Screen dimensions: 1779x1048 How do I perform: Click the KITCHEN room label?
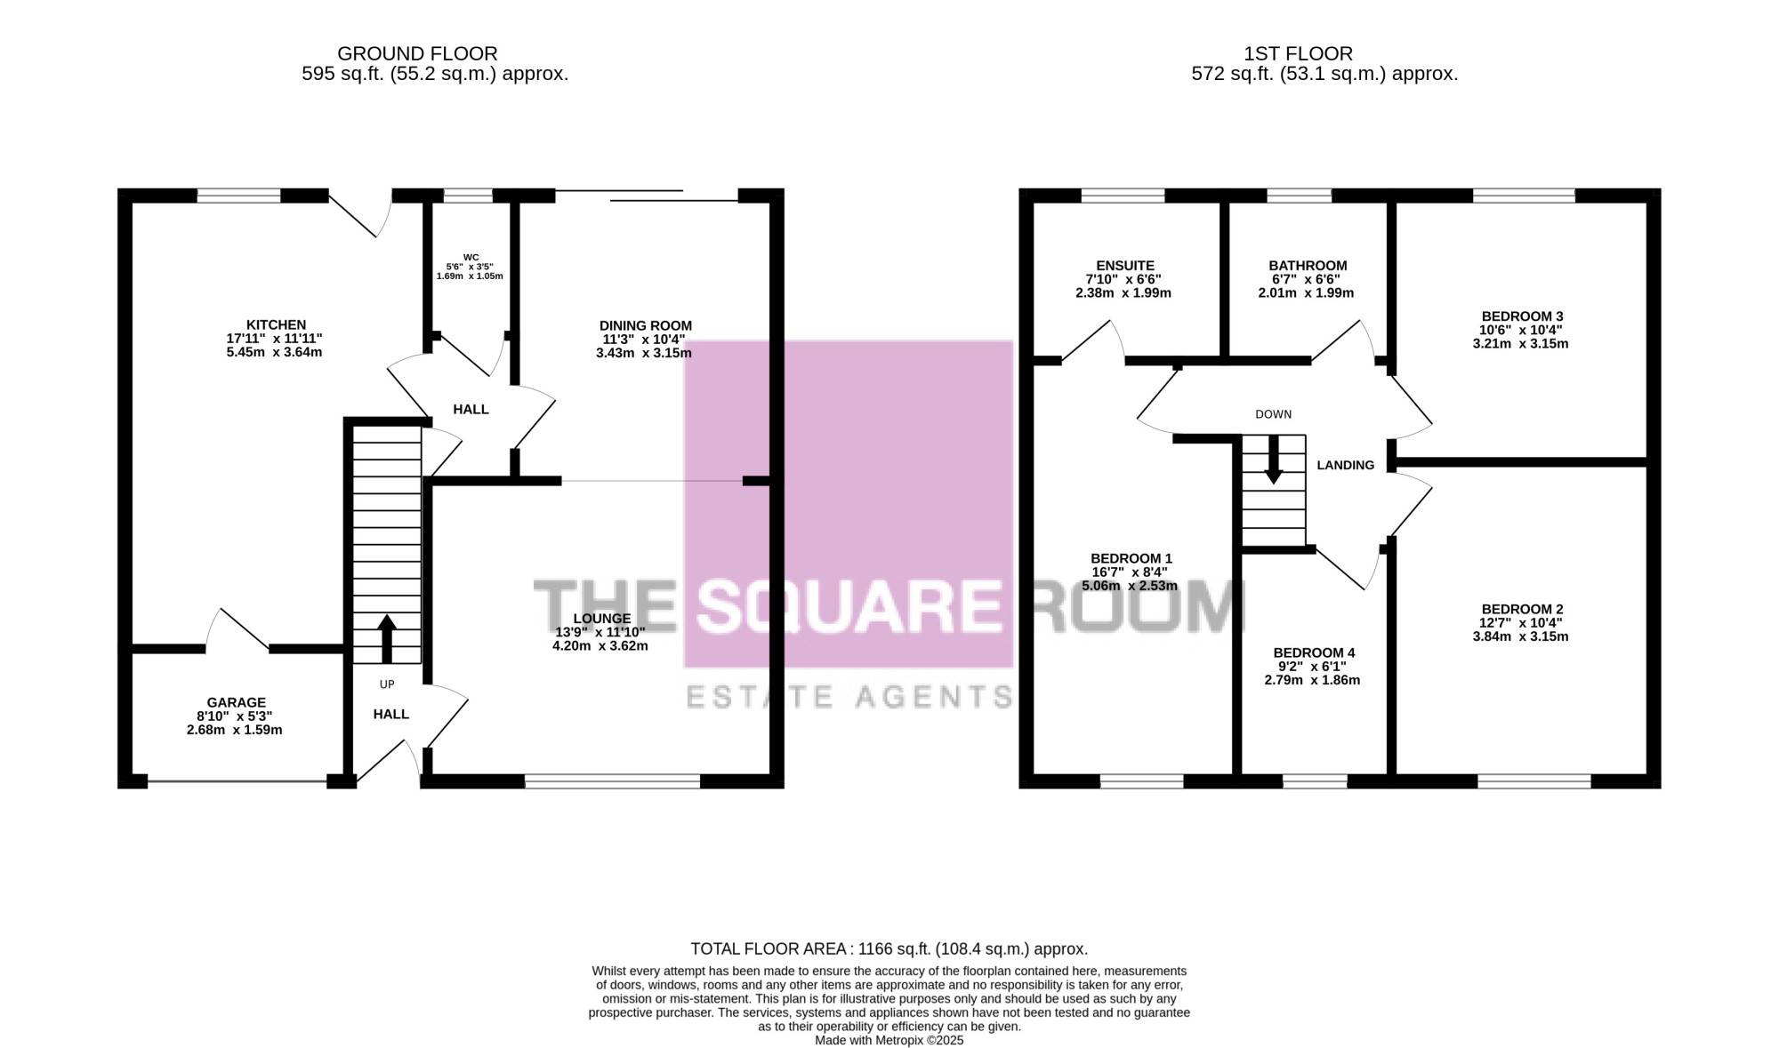click(276, 325)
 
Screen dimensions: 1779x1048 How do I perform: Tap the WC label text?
click(471, 258)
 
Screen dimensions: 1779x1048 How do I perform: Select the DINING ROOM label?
click(645, 326)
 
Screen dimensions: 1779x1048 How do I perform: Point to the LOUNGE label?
click(602, 619)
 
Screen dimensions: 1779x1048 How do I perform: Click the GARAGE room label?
click(236, 703)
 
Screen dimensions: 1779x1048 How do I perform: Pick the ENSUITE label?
click(1125, 266)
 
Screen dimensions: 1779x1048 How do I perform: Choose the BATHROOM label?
click(1308, 266)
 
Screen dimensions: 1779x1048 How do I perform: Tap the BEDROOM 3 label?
click(1522, 316)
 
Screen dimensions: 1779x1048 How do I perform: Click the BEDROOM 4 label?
click(1314, 653)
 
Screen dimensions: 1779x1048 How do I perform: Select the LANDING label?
click(1345, 465)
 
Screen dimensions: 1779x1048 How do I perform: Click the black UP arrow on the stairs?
click(386, 639)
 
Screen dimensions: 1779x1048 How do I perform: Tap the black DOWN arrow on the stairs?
click(1274, 460)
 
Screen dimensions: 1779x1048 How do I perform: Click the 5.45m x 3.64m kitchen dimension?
click(274, 352)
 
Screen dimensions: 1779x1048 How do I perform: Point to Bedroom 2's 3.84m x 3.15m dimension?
click(1521, 636)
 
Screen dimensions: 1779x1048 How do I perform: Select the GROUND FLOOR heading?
click(417, 54)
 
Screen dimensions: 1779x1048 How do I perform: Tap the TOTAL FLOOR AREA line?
click(889, 949)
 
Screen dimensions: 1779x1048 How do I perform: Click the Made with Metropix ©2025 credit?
click(889, 1040)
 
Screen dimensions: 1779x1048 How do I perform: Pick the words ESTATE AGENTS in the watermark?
click(850, 697)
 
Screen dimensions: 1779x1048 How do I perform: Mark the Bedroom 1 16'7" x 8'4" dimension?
click(1130, 572)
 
